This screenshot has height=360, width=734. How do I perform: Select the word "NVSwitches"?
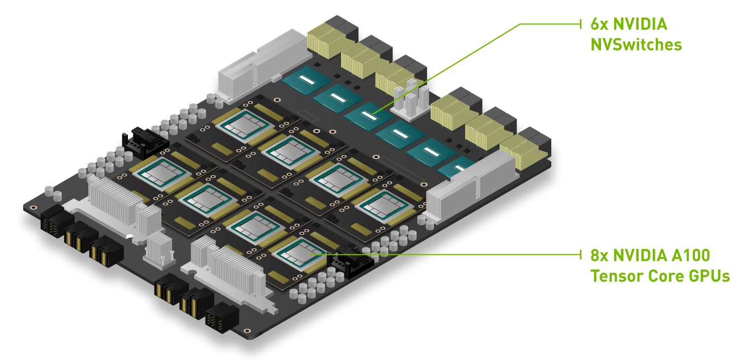pyautogui.click(x=636, y=45)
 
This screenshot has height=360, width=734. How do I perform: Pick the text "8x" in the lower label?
pyautogui.click(x=599, y=255)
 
